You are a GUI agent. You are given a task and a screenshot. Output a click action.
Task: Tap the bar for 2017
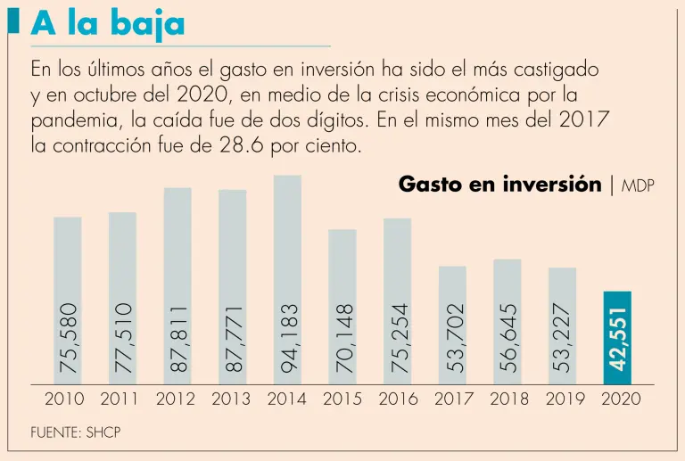tap(452, 325)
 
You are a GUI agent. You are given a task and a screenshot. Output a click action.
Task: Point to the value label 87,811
tap(178, 338)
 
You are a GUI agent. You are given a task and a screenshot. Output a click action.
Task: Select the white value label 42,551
tap(618, 339)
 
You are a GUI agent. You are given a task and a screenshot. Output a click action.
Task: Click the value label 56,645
tap(508, 338)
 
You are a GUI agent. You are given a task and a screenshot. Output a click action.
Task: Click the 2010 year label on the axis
tap(64, 399)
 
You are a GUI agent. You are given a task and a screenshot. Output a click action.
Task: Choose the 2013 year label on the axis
tap(231, 399)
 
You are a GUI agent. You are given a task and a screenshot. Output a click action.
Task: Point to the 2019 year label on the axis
tap(565, 399)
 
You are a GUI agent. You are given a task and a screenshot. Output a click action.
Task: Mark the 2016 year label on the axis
tap(399, 399)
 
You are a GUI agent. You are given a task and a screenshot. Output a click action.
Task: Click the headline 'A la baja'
tap(108, 23)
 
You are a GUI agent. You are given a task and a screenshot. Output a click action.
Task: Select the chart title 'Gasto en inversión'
tap(499, 185)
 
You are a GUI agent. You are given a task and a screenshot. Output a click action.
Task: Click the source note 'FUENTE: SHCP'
tap(75, 433)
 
